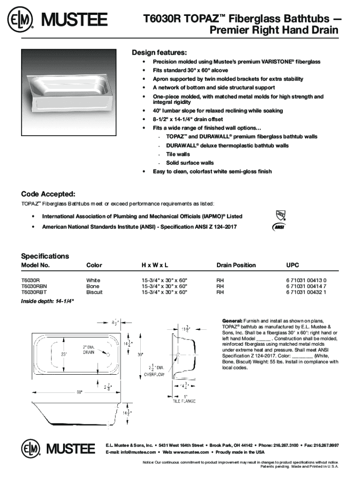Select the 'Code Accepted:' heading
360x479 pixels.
point(48,194)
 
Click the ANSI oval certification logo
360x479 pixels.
point(279,227)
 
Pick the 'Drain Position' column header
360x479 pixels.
point(236,265)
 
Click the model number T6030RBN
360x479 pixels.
point(34,286)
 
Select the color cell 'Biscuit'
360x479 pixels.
point(94,292)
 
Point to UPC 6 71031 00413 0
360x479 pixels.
point(306,280)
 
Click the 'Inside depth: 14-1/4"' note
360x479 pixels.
point(47,301)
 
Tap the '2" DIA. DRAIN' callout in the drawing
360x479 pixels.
point(89,349)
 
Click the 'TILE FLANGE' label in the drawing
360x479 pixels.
point(184,401)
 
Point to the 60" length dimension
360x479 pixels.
point(79,392)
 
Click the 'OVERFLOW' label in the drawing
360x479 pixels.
point(154,374)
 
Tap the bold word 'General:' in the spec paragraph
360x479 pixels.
point(232,320)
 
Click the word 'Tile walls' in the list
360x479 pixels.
point(178,154)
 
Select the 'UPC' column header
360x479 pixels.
point(292,265)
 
